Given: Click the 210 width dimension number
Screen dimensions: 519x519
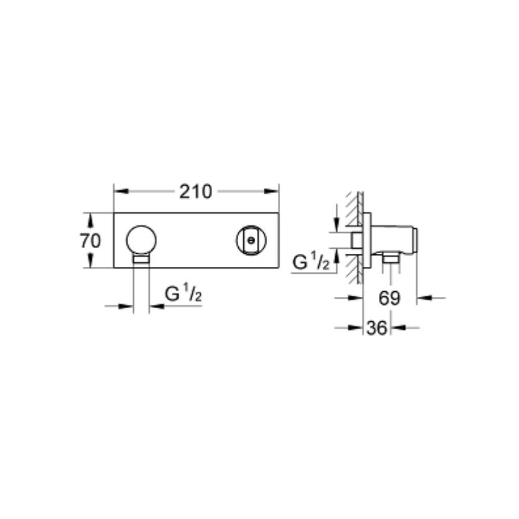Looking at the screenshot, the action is tap(195, 192).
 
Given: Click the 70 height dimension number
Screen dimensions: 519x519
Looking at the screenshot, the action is tap(90, 240).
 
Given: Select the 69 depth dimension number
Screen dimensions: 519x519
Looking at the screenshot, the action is tap(389, 298).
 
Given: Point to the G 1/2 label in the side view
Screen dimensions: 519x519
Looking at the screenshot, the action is tap(311, 263).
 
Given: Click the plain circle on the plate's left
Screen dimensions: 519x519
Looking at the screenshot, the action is tap(141, 240).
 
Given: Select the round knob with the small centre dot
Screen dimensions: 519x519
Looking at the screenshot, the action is tap(251, 240).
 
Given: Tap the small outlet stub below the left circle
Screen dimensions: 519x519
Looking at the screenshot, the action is tap(141, 259).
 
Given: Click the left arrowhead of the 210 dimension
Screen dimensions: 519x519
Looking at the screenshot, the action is tap(121, 192).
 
